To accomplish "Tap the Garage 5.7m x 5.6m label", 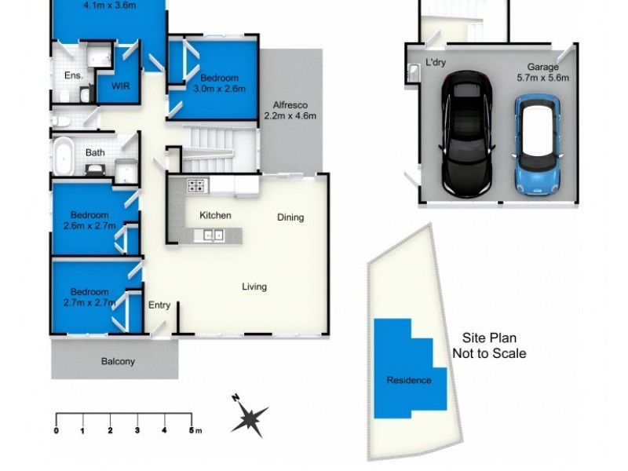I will tap(542, 72).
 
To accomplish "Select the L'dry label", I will tap(435, 61).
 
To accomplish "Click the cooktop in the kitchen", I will tap(196, 187).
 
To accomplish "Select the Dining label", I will tap(290, 217).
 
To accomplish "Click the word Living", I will tap(254, 287).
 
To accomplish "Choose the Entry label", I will tap(159, 305).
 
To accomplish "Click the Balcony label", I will tap(118, 362).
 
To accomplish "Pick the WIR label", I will tap(120, 85).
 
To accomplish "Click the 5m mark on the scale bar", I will tap(192, 430).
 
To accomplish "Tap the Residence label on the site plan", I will tap(408, 381).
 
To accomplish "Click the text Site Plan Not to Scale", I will tap(488, 346).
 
